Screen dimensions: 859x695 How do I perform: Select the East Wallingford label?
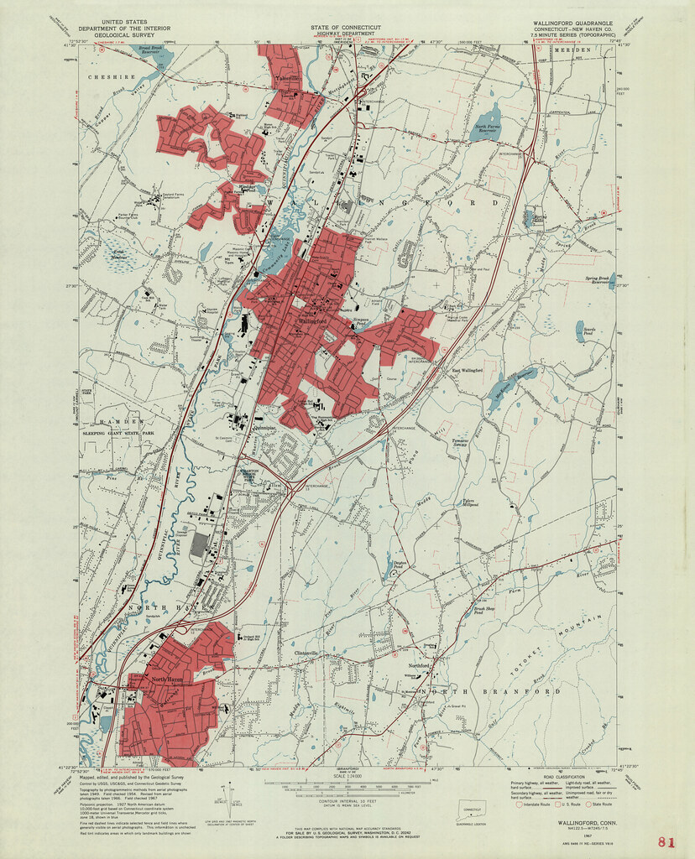pyautogui.click(x=468, y=370)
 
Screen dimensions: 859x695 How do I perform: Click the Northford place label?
pyautogui.click(x=418, y=666)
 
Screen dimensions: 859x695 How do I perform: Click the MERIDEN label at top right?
pyautogui.click(x=577, y=50)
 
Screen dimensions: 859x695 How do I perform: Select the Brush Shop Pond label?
pyautogui.click(x=478, y=612)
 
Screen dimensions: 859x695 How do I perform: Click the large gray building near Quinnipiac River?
pyautogui.click(x=198, y=546)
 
